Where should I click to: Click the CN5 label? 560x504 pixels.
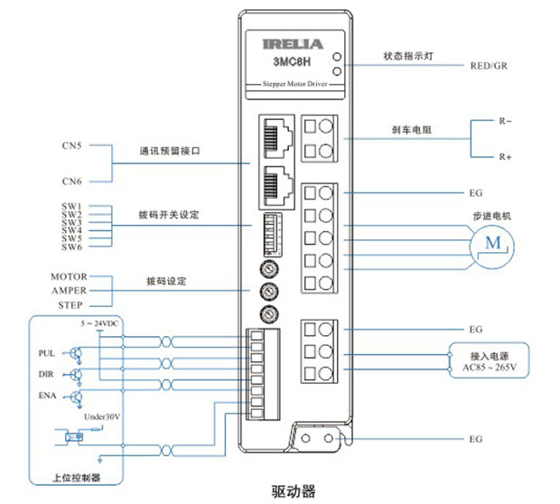pos(73,145)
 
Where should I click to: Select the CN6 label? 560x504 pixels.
pos(73,181)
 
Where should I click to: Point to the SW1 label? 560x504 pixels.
pos(72,206)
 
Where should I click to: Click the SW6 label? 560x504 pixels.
pos(72,247)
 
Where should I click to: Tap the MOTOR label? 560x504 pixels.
pos(70,276)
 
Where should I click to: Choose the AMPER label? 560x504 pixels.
pos(70,292)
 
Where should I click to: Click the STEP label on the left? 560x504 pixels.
pos(71,306)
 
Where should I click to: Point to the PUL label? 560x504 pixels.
pos(48,352)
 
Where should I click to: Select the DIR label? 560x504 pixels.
pos(48,373)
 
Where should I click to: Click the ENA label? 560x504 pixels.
pos(48,395)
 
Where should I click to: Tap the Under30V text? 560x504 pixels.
pos(101,418)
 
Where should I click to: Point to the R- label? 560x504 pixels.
pos(506,120)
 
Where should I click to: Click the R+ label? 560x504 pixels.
pos(506,157)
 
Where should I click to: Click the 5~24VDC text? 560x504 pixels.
pos(99,322)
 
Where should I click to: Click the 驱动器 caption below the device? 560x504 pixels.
pos(294,490)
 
